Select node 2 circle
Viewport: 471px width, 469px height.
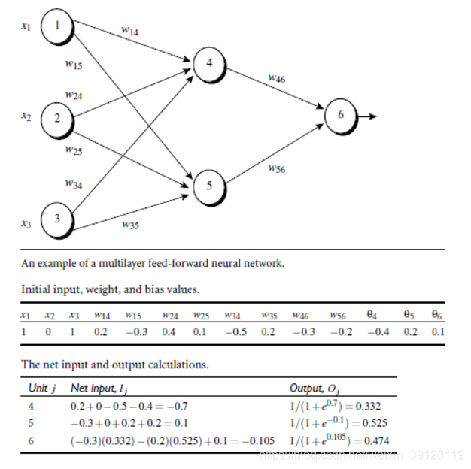click(x=57, y=117)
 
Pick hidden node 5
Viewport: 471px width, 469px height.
click(x=209, y=185)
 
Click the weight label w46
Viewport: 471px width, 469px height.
click(x=276, y=77)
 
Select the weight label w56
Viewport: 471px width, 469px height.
click(x=276, y=169)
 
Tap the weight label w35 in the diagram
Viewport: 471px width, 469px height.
click(x=129, y=223)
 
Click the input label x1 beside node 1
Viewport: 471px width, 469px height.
click(x=26, y=26)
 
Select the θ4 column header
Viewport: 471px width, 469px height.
click(x=371, y=316)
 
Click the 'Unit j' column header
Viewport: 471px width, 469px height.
click(x=42, y=389)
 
